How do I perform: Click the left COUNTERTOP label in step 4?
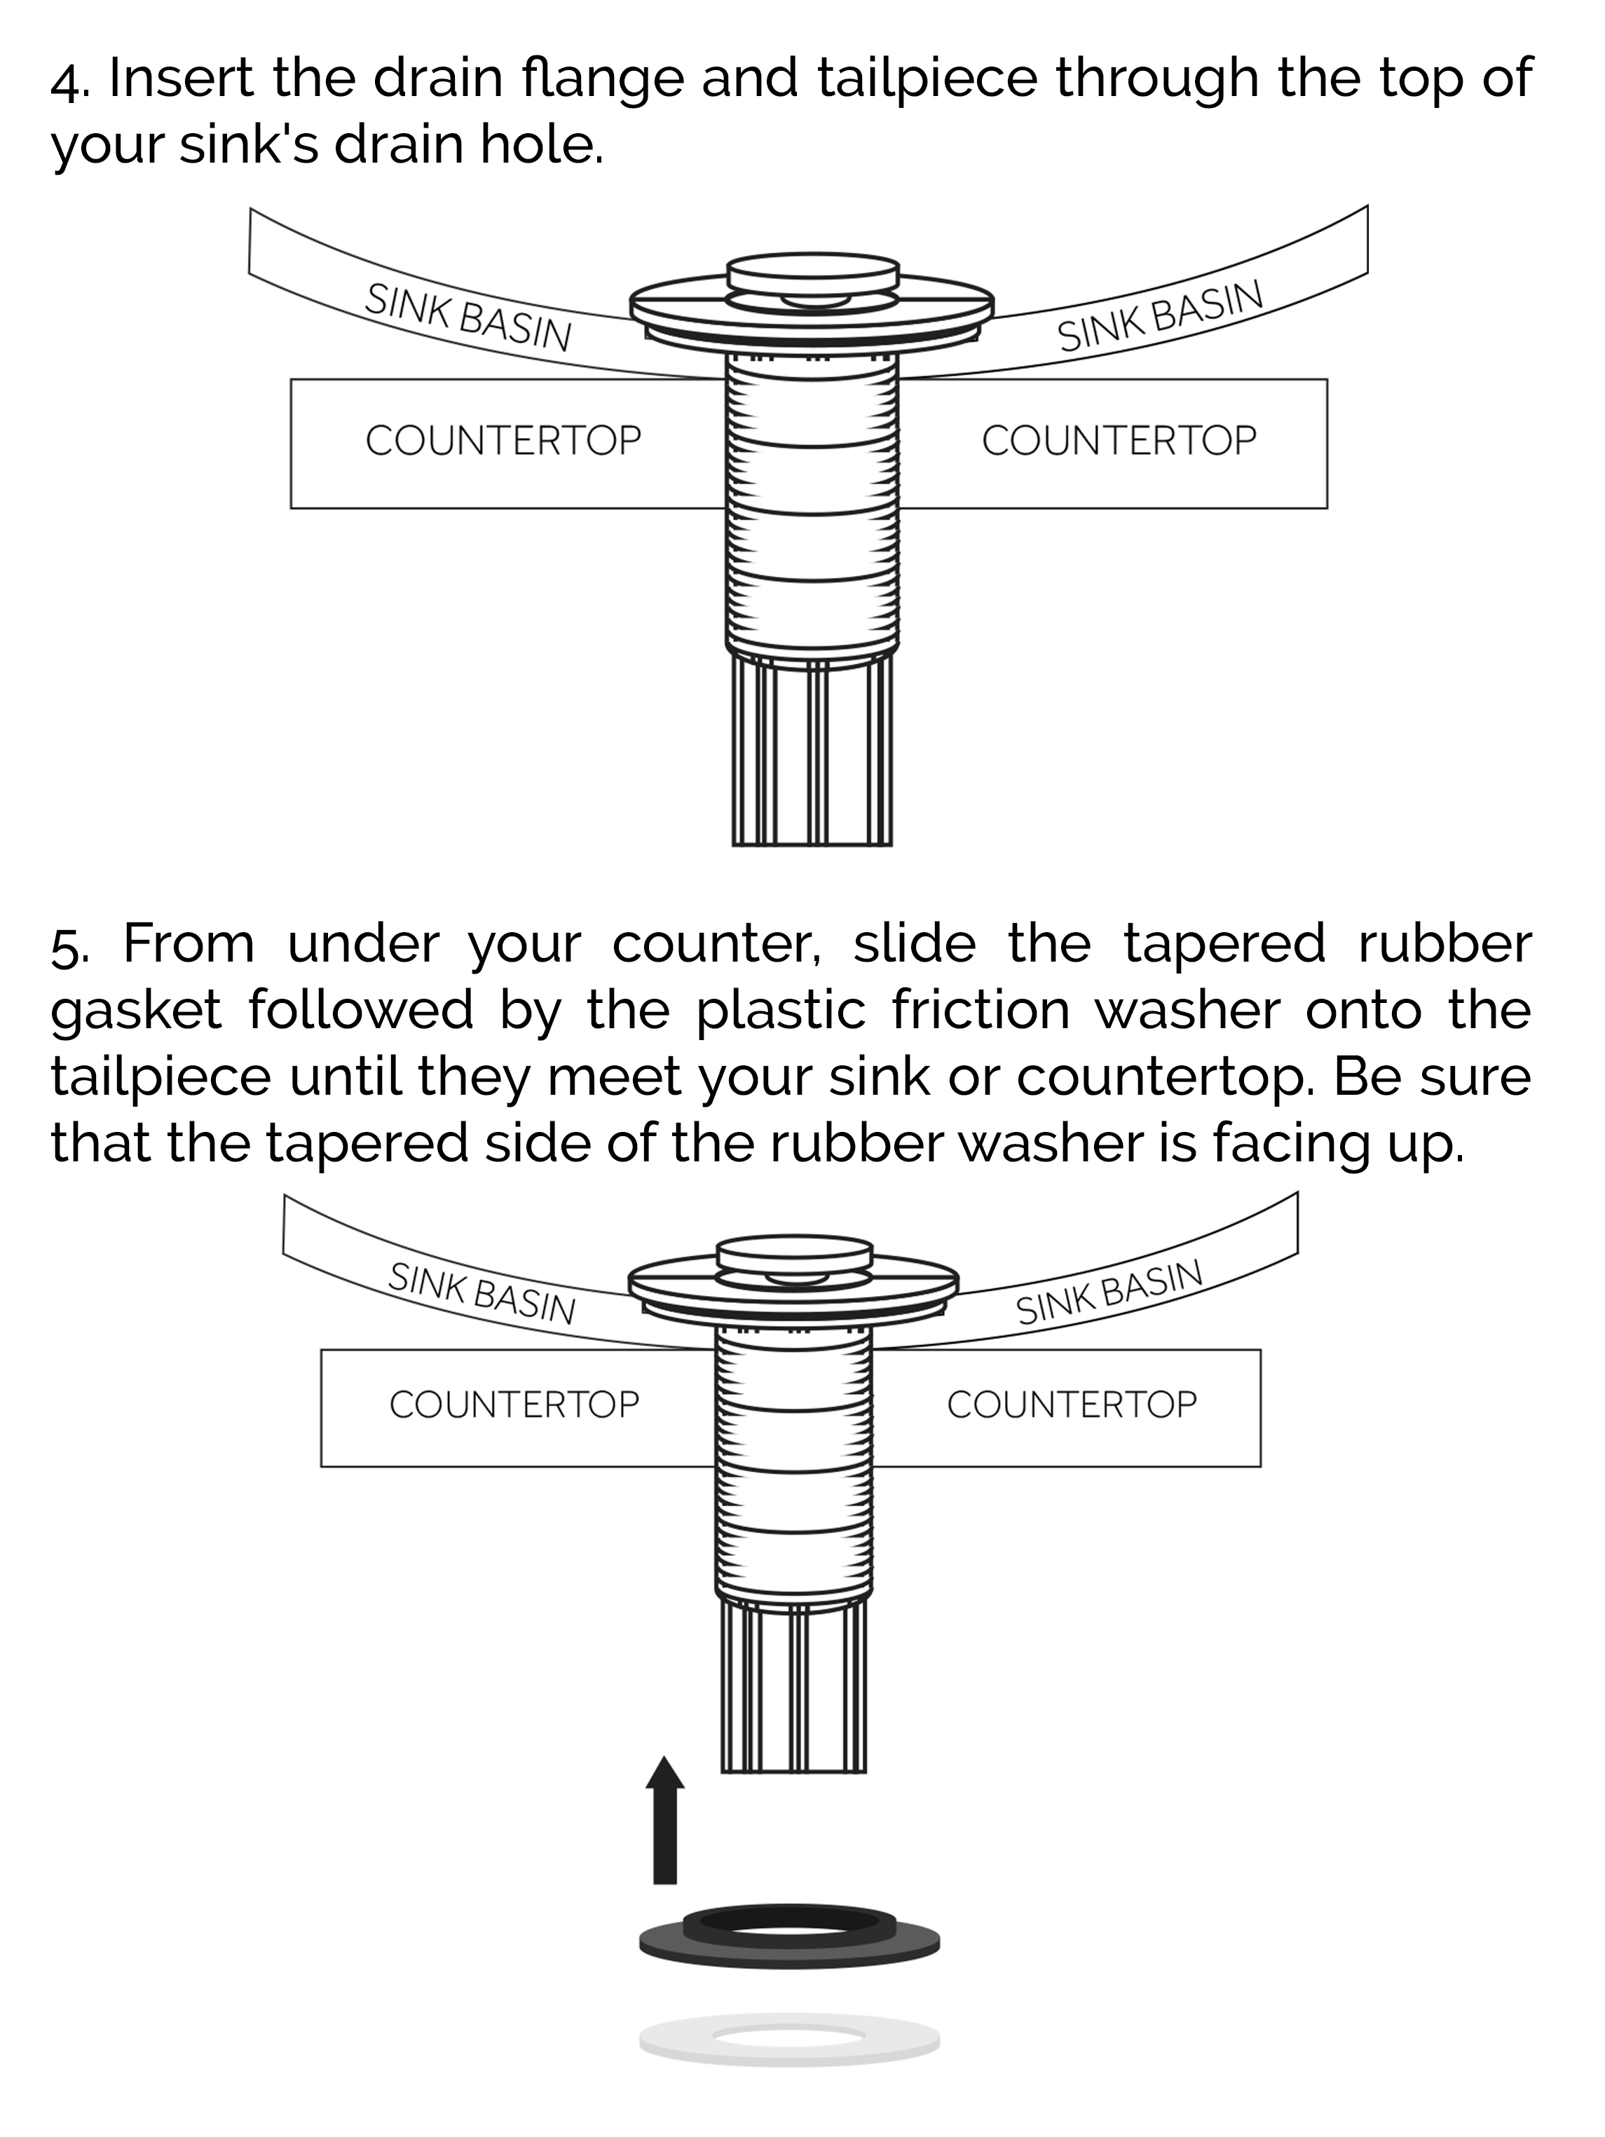coord(503,441)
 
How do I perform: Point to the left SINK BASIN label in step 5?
coord(481,1292)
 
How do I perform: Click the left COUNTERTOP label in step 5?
coord(514,1404)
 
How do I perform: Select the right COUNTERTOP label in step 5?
coord(1071,1404)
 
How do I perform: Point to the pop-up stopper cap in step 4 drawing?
coord(812,273)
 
